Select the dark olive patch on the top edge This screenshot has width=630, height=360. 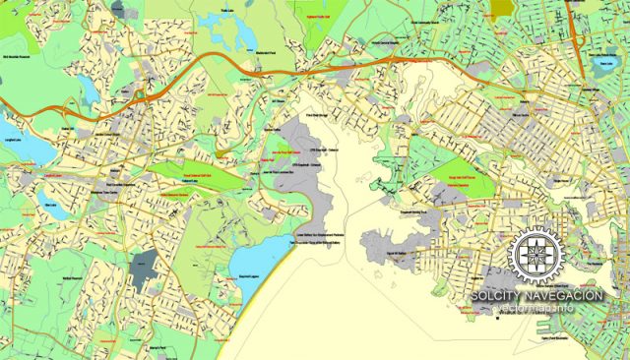[x=502, y=6]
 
